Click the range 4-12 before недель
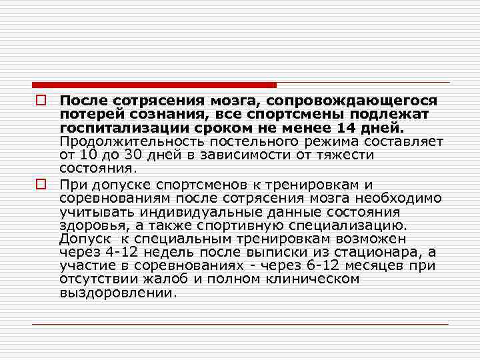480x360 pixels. coord(123,252)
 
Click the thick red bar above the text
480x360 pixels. coord(154,85)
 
